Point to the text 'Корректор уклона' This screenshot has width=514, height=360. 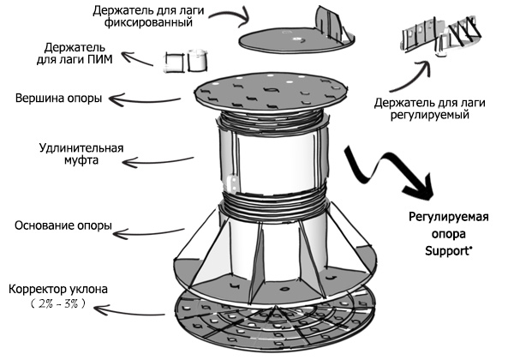[57, 289]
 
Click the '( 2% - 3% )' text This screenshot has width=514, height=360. [58, 304]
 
